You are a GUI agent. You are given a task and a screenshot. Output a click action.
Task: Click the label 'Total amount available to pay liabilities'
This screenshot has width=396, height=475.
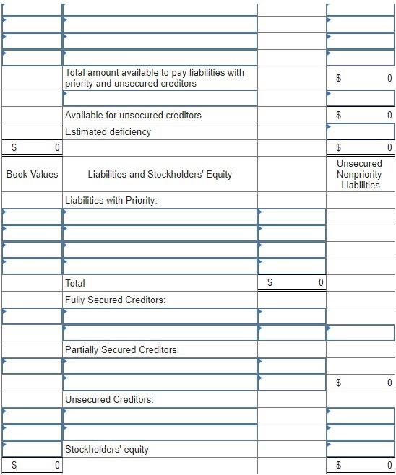tap(155, 78)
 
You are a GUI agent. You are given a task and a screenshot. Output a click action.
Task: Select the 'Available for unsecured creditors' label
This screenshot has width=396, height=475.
tap(133, 115)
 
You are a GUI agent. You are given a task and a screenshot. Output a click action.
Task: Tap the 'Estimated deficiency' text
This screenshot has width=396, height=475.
tap(108, 131)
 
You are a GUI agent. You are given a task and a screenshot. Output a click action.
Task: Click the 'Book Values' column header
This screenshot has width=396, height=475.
tap(32, 174)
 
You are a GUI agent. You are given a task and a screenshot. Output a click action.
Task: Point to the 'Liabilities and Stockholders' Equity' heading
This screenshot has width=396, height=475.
tap(160, 174)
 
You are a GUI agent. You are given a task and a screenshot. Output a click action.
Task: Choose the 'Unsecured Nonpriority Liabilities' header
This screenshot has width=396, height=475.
tap(360, 174)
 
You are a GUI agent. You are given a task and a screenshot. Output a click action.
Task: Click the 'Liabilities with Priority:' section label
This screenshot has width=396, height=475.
tap(111, 200)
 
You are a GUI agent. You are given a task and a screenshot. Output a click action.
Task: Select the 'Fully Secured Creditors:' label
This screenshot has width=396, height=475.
tap(115, 300)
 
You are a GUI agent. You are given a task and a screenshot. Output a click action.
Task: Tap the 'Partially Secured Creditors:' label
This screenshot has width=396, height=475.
tap(121, 349)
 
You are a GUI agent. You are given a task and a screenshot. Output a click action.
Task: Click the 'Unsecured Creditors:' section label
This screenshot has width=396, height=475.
tap(109, 399)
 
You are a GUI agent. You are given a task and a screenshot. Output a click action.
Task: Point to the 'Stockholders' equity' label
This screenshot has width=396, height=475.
tap(106, 449)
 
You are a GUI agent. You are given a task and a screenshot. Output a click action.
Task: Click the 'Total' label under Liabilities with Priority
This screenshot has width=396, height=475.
tap(75, 283)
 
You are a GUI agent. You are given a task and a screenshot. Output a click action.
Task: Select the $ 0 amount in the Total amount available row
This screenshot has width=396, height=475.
tap(361, 78)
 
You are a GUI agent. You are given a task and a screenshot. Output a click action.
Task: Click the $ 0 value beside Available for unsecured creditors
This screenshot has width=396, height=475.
tap(361, 115)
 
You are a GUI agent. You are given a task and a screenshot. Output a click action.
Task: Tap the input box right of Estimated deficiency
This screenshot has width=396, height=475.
tap(361, 131)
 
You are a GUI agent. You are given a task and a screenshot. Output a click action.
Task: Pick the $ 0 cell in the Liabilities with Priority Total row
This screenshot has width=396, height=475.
tap(292, 283)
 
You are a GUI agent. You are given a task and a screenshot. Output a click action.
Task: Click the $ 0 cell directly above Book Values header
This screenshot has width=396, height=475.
tap(32, 148)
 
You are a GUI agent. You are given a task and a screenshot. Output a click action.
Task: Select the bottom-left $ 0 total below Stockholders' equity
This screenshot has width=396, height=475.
tap(32, 466)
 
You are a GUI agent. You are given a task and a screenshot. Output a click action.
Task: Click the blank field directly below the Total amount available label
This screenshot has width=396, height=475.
tap(160, 97)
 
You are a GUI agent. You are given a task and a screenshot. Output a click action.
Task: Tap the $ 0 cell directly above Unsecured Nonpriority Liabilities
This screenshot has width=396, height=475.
tap(361, 148)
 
